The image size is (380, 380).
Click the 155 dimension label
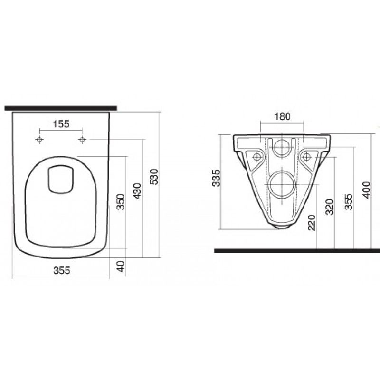coord(61,124)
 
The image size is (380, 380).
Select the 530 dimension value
coord(154,177)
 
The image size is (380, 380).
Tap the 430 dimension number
coord(137,191)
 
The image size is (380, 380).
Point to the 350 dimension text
coord(121,202)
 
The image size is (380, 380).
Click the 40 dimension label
coord(121,266)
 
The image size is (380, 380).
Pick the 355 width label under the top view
coord(62,270)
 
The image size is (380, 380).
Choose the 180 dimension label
coord(282,116)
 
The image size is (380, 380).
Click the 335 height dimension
coord(216,178)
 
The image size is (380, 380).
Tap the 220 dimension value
coord(312,223)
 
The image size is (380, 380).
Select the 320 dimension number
coord(330,207)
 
